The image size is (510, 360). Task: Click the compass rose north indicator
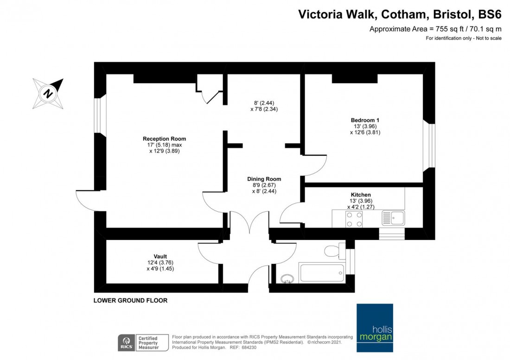click(x=48, y=93)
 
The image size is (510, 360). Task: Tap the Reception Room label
click(x=164, y=139)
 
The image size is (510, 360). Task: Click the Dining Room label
click(x=264, y=179)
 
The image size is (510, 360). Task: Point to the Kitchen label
click(x=361, y=195)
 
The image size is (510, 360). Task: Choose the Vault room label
click(x=160, y=256)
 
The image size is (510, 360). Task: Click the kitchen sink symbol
click(x=393, y=217)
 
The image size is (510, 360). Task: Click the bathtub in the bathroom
click(x=322, y=273)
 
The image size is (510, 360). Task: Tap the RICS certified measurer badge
click(x=139, y=342)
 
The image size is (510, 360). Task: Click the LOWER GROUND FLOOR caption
click(x=130, y=300)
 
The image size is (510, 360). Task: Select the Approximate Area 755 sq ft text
click(x=435, y=29)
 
